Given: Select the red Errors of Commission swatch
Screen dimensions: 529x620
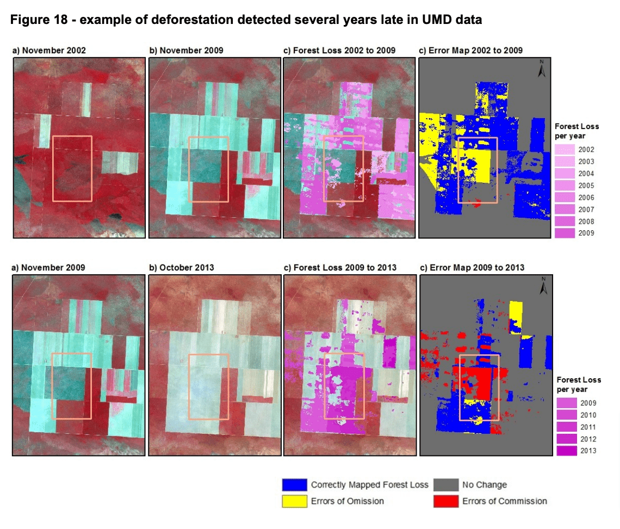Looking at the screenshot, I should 445,501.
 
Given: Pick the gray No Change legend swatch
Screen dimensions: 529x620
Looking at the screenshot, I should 445,485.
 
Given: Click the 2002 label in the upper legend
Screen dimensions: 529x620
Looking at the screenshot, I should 586,150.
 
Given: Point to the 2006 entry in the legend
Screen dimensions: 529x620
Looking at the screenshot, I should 586,198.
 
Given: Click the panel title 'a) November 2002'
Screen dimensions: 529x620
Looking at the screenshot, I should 49,51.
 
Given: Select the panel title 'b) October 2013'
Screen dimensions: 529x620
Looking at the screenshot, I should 182,268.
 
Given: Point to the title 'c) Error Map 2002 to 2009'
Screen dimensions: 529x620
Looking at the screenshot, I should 471,51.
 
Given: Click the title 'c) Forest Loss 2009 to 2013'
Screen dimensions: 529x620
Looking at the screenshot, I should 340,268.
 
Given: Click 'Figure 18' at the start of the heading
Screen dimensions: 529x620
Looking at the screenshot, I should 39,20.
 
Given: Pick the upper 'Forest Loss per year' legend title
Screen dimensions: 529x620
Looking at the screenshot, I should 576,131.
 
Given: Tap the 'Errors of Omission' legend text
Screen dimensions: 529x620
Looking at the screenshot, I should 347,501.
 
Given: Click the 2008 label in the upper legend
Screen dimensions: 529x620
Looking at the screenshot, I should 586,222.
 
